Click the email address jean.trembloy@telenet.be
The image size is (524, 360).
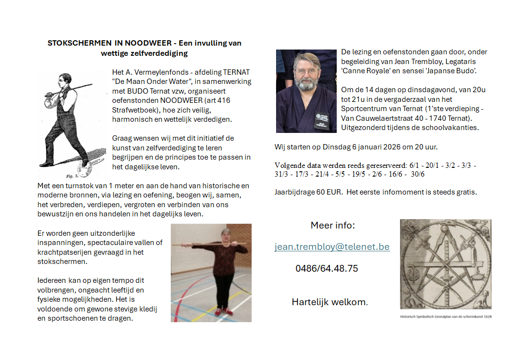tap(332, 246)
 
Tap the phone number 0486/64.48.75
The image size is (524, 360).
tap(327, 268)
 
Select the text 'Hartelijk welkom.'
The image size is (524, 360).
tap(329, 302)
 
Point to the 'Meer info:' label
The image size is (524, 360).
tap(333, 226)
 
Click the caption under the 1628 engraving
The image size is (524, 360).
tap(445, 317)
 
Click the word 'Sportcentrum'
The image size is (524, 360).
tap(365, 109)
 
